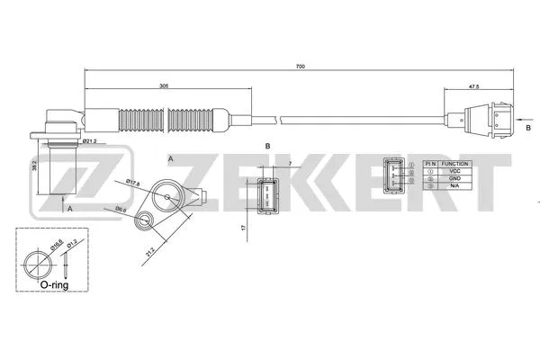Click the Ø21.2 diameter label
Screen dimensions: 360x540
click(x=90, y=142)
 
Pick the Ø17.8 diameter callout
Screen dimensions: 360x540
click(x=134, y=183)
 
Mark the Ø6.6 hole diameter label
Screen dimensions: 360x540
click(x=121, y=208)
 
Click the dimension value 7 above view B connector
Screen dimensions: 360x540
click(x=292, y=162)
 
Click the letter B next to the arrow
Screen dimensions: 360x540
click(x=527, y=129)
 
